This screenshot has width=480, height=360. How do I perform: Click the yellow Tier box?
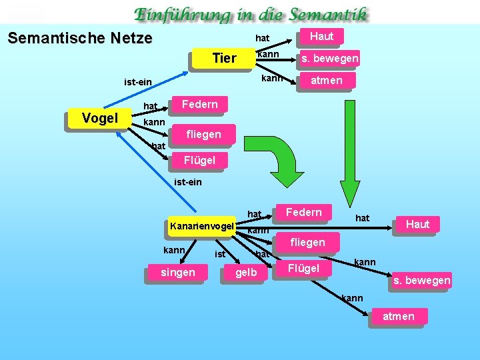coord(223,59)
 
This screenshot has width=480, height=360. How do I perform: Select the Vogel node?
coord(99,119)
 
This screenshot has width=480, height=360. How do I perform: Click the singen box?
coord(178,273)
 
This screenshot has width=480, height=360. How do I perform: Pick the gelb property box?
coord(246,273)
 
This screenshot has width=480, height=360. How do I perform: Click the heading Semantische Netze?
coord(80,38)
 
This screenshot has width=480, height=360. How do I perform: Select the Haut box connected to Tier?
coord(322,36)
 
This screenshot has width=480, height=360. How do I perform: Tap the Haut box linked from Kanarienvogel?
coord(417,225)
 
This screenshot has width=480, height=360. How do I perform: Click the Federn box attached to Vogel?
coord(199,104)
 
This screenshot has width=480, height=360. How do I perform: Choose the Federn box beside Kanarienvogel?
coord(303,213)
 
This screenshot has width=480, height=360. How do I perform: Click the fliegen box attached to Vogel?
coord(203,135)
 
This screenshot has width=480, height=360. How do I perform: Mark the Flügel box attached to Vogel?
coord(199,160)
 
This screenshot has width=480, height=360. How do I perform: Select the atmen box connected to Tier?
coord(327,81)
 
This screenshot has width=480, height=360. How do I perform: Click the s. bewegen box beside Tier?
coord(329,59)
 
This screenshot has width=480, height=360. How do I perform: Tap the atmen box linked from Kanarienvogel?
coord(398,317)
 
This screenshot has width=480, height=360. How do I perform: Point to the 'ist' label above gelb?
coord(219,254)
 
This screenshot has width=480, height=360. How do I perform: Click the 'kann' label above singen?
coord(174,250)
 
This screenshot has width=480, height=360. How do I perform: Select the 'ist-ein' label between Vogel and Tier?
coord(138,83)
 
